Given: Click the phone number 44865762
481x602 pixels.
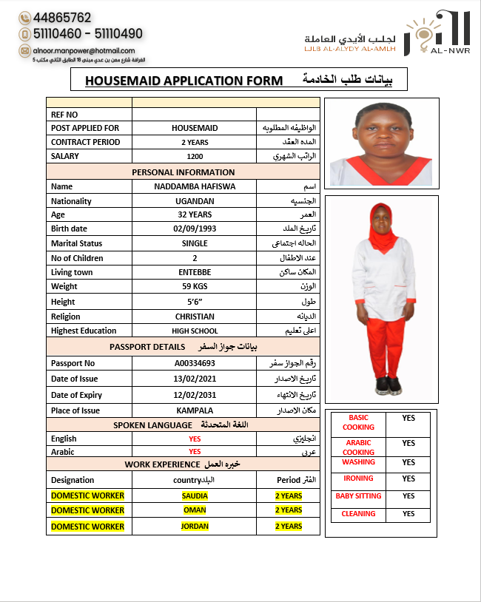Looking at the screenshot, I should [x=62, y=17].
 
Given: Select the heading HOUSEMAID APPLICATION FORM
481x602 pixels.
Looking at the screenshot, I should [x=184, y=80].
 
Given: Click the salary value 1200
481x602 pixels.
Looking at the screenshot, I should [x=195, y=156].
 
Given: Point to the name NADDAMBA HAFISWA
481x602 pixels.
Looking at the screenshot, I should [x=195, y=186].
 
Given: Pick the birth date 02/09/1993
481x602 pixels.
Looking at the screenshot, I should [x=195, y=229].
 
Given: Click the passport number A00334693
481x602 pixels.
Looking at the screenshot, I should [x=195, y=363].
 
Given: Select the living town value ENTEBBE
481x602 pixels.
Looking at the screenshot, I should [x=195, y=272].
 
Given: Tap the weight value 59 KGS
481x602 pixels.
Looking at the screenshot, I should [x=195, y=286].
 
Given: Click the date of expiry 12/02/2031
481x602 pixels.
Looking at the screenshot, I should [x=195, y=396].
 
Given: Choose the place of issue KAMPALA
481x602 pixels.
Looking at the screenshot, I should [x=195, y=410].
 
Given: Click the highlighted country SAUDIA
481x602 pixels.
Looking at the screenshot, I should [x=195, y=496].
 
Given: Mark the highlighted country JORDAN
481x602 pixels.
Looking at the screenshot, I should [x=195, y=527].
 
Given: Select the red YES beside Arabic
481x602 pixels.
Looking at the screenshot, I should [x=195, y=451].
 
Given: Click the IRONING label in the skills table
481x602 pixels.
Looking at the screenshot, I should [x=358, y=478].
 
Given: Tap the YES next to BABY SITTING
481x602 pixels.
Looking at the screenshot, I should [x=408, y=496].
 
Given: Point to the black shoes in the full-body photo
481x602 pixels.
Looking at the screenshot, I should [x=388, y=386].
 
